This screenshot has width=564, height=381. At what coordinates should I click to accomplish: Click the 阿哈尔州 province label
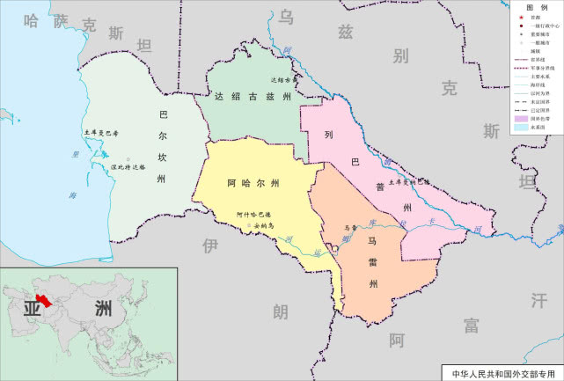pyautogui.click(x=253, y=184)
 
